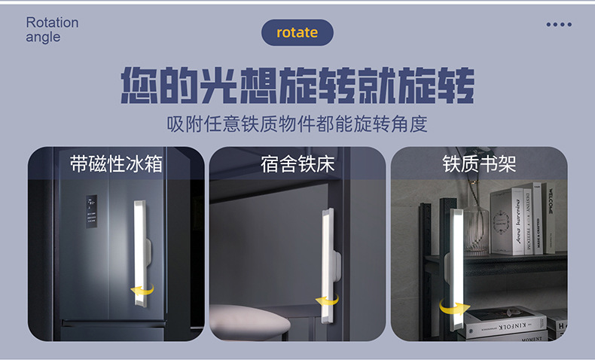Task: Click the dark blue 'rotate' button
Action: tap(297, 32)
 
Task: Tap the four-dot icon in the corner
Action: tap(558, 24)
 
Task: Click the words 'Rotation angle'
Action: tap(52, 29)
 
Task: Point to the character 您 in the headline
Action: tap(142, 87)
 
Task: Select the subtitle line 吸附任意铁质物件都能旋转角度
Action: tap(297, 124)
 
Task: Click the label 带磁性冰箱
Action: tap(116, 163)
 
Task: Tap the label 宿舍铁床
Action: tap(297, 163)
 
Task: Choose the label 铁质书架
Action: tap(478, 163)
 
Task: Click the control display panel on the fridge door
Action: tap(92, 211)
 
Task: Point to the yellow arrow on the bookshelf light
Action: tap(453, 308)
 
